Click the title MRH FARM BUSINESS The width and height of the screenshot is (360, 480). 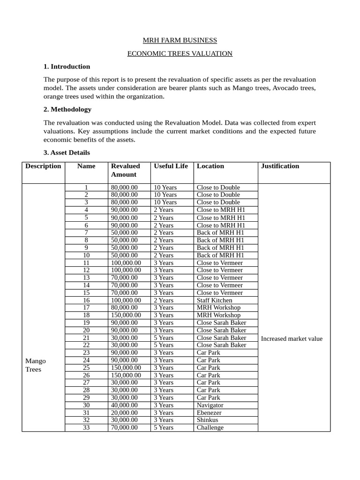pyautogui.click(x=180, y=40)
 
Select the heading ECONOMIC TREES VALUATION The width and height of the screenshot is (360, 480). pyautogui.click(x=180, y=53)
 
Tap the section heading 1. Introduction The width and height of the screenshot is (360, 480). pyautogui.click(x=67, y=67)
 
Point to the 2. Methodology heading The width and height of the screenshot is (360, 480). pyautogui.click(x=67, y=109)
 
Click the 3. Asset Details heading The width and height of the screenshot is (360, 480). pyautogui.click(x=67, y=152)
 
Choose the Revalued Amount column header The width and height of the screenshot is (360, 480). pyautogui.click(x=125, y=170)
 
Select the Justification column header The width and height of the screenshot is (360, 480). pyautogui.click(x=280, y=166)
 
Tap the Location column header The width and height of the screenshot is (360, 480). pyautogui.click(x=210, y=166)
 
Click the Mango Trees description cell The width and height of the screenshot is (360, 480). pyautogui.click(x=35, y=365)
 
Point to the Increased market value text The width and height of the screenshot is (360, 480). pyautogui.click(x=292, y=338)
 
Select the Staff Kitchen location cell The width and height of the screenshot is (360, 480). pyautogui.click(x=214, y=300)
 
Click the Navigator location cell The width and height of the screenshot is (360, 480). pyautogui.click(x=210, y=405)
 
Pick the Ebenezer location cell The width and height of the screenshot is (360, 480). pyautogui.click(x=209, y=412)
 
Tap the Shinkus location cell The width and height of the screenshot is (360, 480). pyautogui.click(x=207, y=420)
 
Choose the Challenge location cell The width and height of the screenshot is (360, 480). pyautogui.click(x=210, y=427)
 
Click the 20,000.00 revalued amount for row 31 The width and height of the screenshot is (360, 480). pyautogui.click(x=124, y=412)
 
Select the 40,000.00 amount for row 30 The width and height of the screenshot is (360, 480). pyautogui.click(x=124, y=405)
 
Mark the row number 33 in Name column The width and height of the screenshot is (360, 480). pyautogui.click(x=86, y=427)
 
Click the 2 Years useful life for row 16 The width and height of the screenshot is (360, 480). pyautogui.click(x=164, y=300)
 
